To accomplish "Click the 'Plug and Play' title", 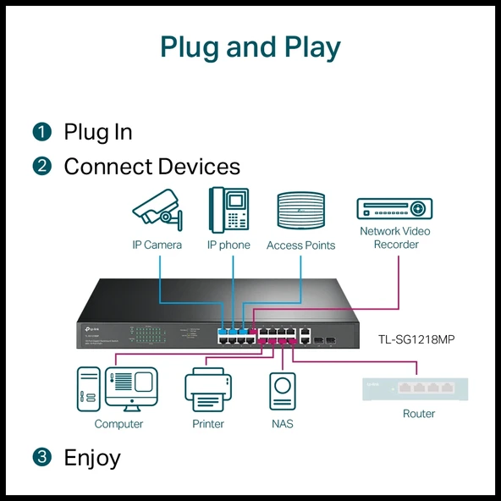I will pos(250,47).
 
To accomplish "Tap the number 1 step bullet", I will pos(42,132).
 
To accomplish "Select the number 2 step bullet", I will pos(42,167).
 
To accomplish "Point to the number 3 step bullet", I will pos(42,458).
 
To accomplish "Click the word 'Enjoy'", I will pos(92,458).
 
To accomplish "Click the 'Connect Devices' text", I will pos(151,167).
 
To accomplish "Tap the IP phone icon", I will pos(228,210).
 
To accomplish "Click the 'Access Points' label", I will pos(300,245).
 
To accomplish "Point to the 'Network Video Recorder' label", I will pos(394,238).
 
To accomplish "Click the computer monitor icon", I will pos(130,389).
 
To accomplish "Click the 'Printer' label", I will pos(208,423).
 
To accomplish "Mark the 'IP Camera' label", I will pos(157,245).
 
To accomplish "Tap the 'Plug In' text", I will pos(98,132).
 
